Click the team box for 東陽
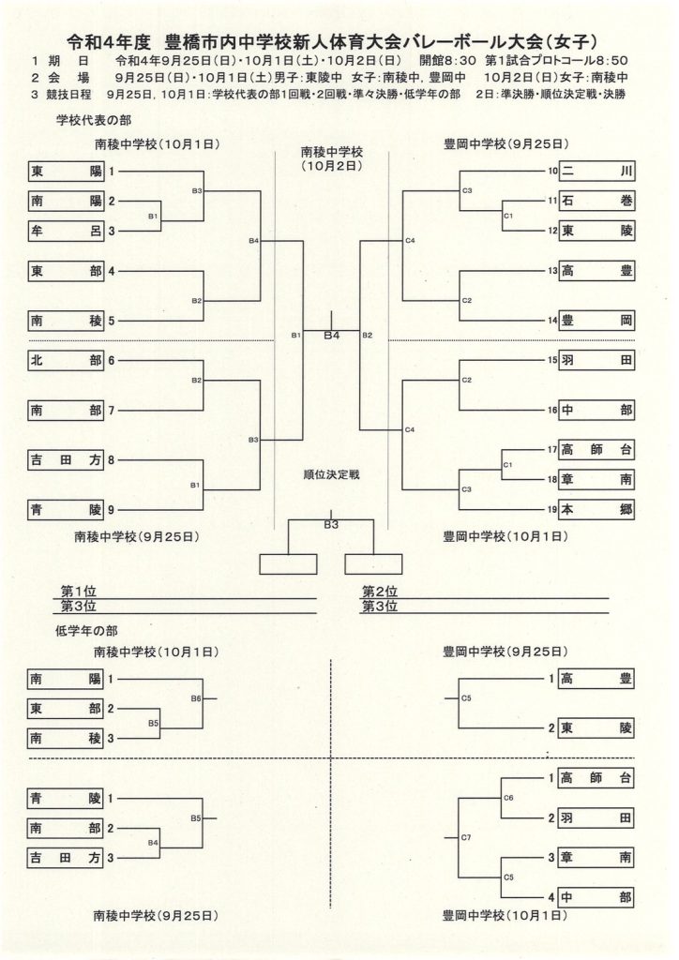[66, 172]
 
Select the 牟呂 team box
[66, 231]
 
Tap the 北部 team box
[66, 360]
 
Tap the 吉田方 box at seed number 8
[66, 460]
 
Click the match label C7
[466, 837]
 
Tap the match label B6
[196, 698]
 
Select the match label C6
[508, 797]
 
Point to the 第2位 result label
[380, 592]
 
